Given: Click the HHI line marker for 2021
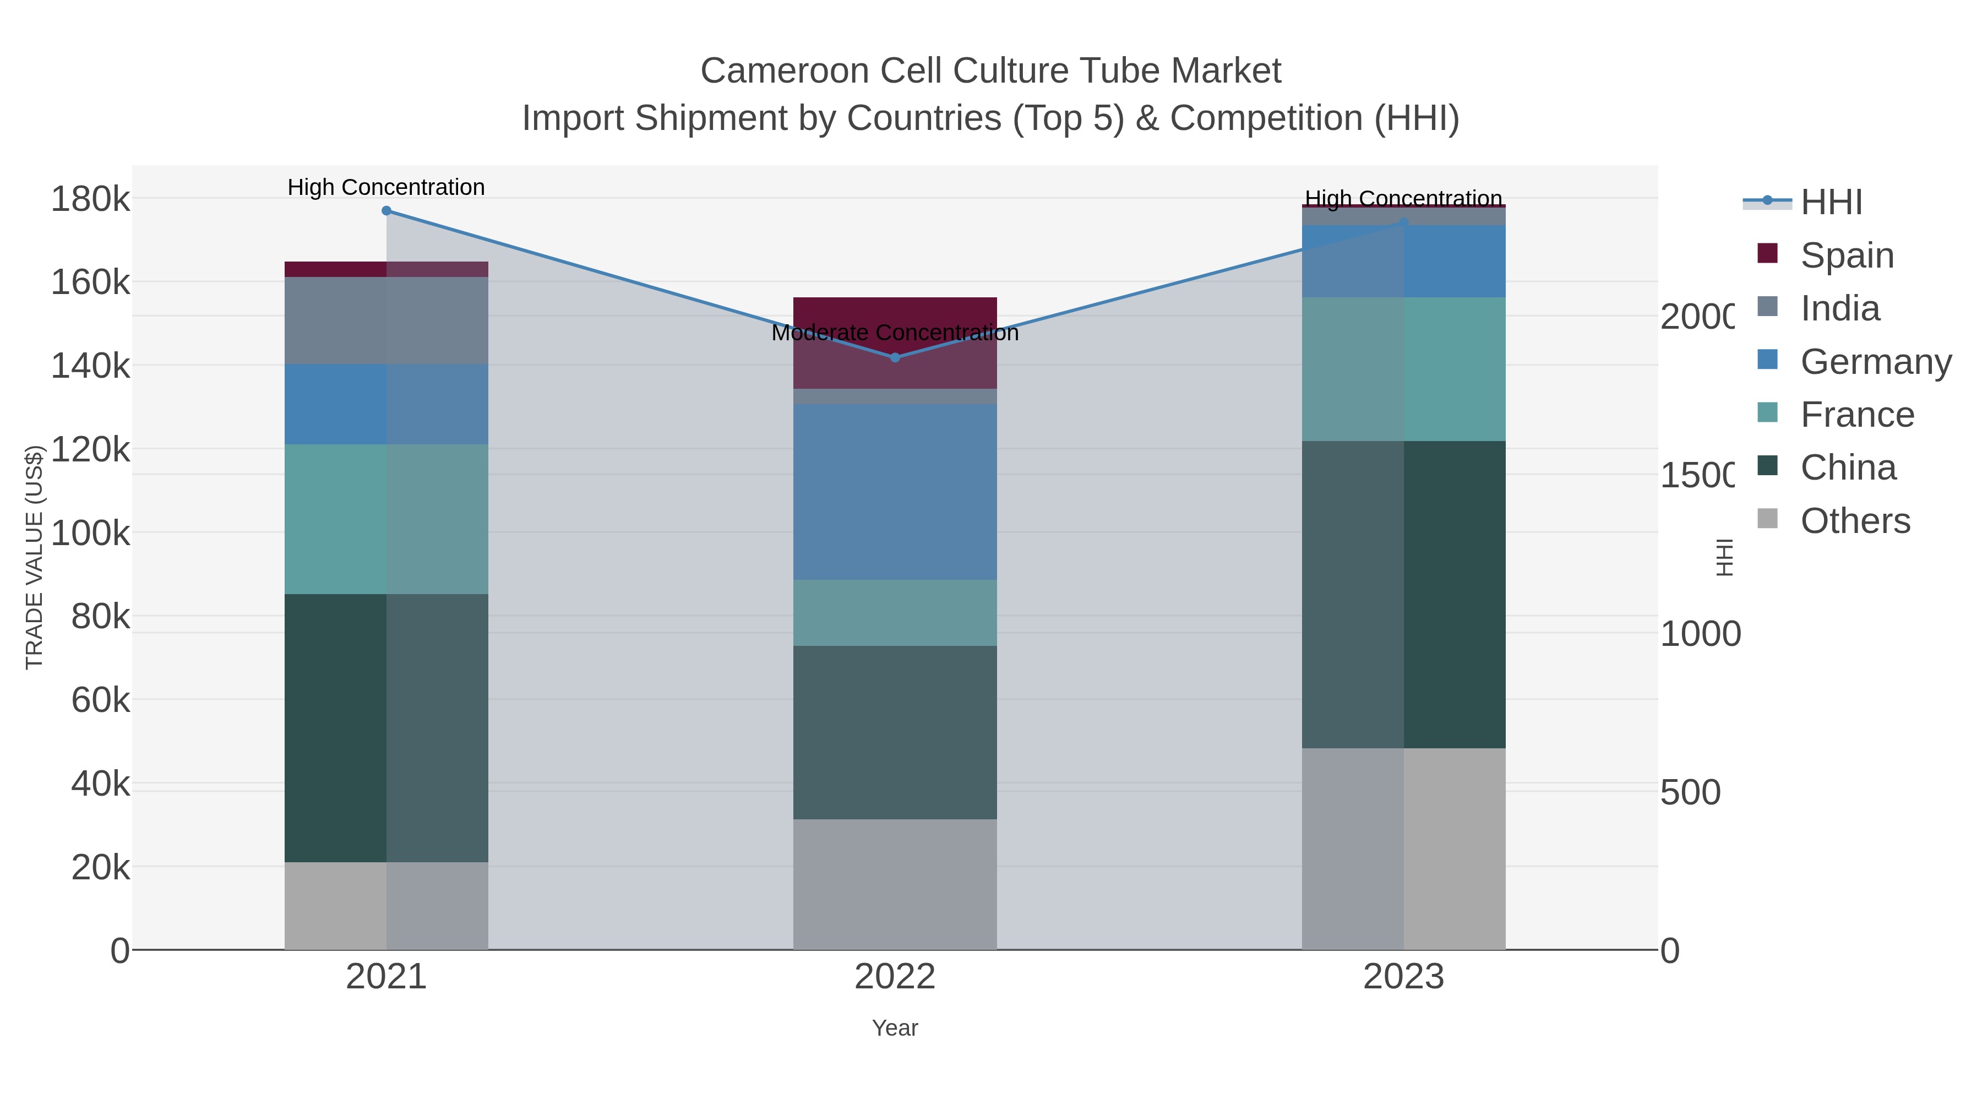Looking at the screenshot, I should click(386, 211).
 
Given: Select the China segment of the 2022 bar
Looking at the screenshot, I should click(895, 732).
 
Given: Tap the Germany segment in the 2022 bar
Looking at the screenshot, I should click(895, 492).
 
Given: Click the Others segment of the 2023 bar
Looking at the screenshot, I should click(1403, 848).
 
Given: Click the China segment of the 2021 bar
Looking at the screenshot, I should click(386, 727).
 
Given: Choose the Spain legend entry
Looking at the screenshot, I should click(1847, 255).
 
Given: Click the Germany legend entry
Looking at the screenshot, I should click(1875, 362).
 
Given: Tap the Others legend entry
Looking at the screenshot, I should click(1854, 521).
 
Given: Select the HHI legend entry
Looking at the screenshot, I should click(1831, 203).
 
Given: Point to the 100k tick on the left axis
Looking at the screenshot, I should click(90, 532).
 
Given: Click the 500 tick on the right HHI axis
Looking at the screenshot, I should click(1690, 792).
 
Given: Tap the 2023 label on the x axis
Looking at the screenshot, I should click(1403, 977).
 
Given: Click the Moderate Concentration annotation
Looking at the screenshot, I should click(895, 333).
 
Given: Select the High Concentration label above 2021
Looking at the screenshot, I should click(386, 187).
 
